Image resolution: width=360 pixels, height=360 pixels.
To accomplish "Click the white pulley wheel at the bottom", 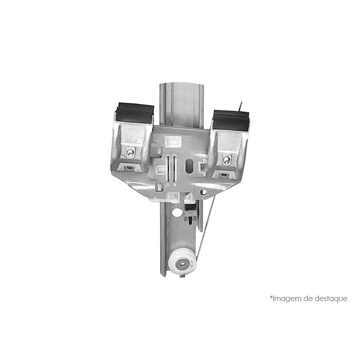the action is pyautogui.click(x=182, y=264).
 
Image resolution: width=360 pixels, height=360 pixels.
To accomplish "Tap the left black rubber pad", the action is pyautogui.click(x=135, y=113).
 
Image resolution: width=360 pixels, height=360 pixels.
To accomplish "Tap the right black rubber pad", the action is pyautogui.click(x=231, y=120).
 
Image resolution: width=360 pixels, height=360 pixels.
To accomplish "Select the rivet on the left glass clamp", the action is pyautogui.click(x=130, y=152).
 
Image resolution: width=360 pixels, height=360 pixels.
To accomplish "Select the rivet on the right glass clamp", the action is pyautogui.click(x=226, y=159).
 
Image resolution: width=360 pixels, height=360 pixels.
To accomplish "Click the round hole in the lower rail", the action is pyautogui.click(x=177, y=212).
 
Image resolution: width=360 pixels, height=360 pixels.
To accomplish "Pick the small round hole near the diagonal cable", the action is pyautogui.click(x=203, y=192).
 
